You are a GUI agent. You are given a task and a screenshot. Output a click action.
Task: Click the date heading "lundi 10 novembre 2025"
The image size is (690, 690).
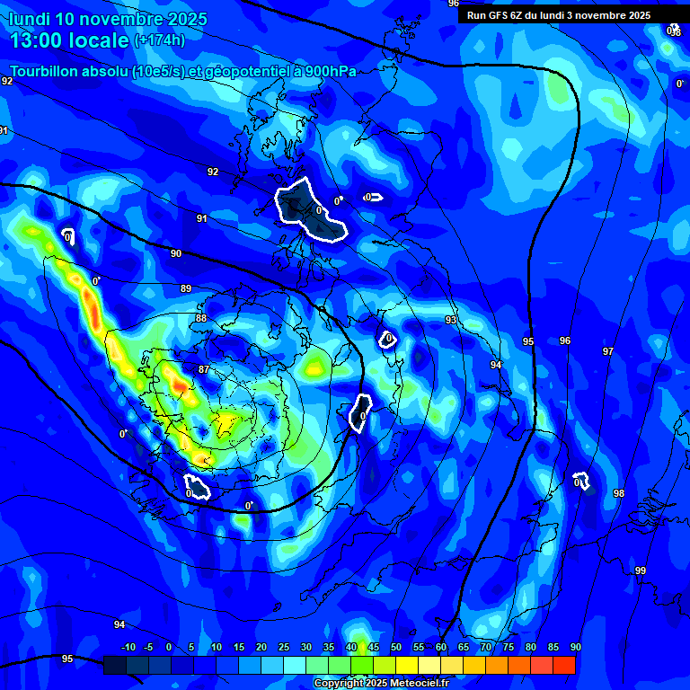point(108,19)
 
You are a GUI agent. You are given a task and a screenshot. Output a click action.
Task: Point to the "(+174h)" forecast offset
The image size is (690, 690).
point(160,40)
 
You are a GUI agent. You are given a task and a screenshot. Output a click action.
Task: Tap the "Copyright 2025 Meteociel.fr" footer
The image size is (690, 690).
point(380,683)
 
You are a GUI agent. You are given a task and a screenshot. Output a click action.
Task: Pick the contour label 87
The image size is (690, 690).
point(204,370)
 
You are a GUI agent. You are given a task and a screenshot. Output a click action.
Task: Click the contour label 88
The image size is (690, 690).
point(201,319)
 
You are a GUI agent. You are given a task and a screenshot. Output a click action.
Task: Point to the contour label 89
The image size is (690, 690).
point(186,288)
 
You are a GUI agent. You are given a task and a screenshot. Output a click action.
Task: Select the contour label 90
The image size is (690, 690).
point(176,254)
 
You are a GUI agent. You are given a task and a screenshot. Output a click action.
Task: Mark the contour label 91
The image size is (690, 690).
point(202,219)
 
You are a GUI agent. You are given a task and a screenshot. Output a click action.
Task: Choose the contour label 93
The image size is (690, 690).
point(451,321)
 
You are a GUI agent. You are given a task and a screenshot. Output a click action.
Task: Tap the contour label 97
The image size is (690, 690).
point(608,351)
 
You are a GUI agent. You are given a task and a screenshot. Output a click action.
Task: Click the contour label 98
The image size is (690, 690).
point(619,494)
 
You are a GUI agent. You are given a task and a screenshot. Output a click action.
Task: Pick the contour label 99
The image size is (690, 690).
point(641,571)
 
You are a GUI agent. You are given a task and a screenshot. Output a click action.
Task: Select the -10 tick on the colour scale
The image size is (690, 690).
point(128,647)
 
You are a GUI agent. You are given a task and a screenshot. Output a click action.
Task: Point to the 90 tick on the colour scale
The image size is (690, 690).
point(575,647)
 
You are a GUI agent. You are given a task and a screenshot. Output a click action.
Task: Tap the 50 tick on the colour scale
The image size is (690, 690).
point(396,647)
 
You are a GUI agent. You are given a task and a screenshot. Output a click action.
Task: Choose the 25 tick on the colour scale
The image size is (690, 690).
point(284,647)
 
